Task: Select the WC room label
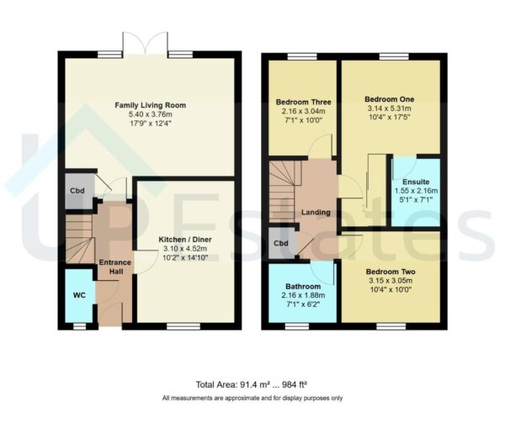click(79, 296)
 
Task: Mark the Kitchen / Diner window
click(178, 325)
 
